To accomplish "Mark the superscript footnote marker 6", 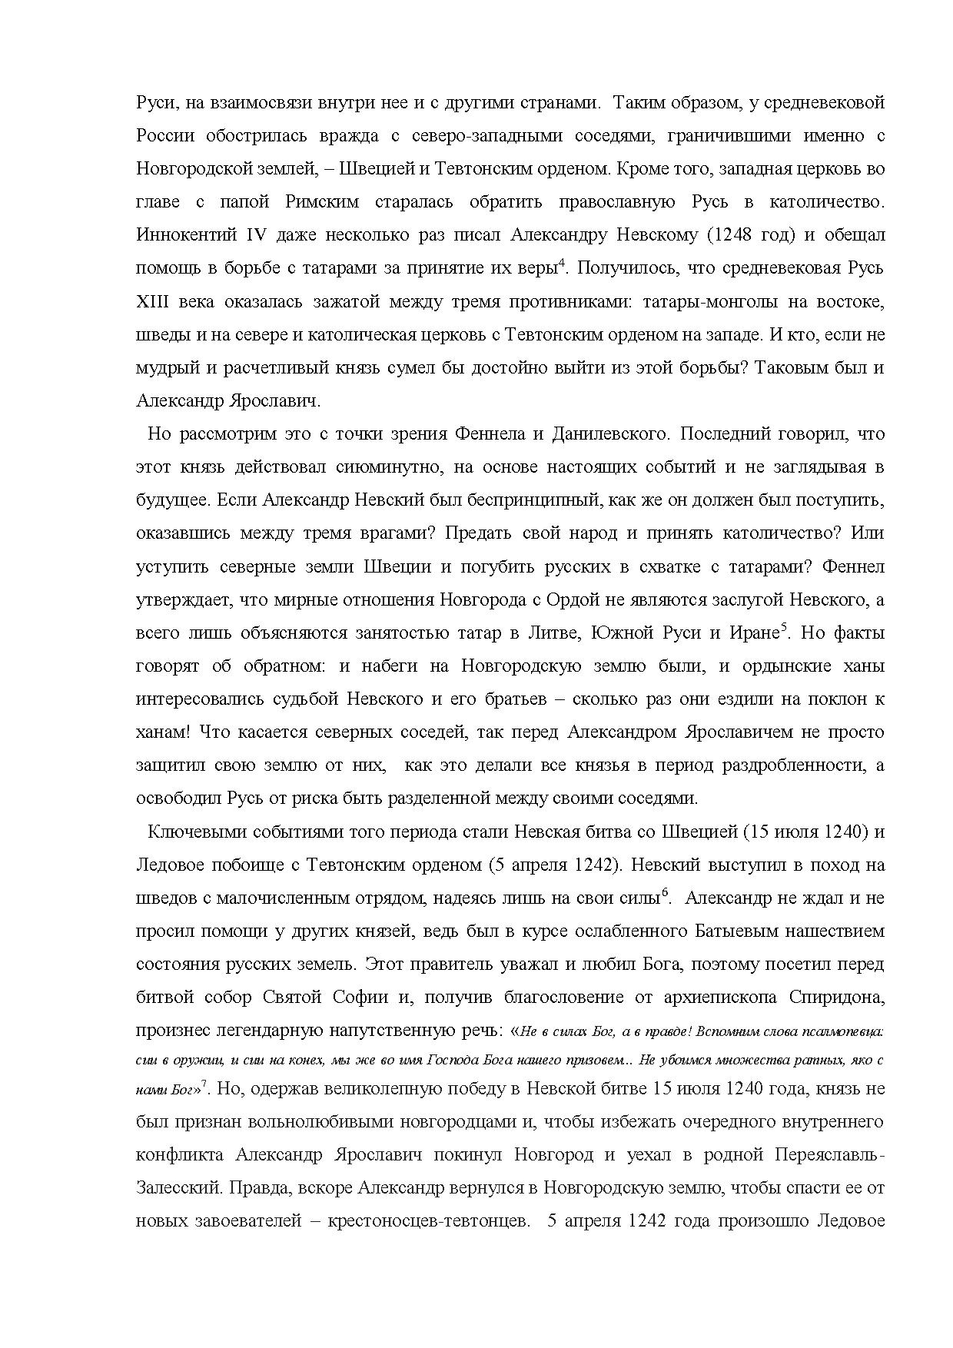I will click(x=666, y=892).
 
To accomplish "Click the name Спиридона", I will click(x=837, y=998).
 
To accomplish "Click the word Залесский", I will click(x=179, y=1188).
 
